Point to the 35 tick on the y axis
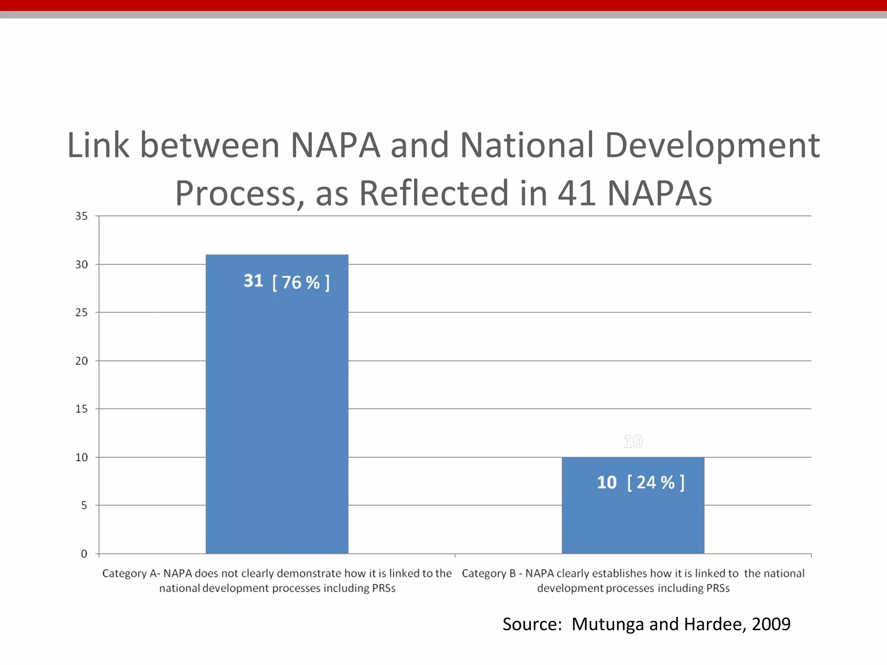[81, 216]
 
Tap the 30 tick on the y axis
[81, 264]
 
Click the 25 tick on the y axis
[81, 312]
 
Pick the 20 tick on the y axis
[81, 361]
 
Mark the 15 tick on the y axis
[81, 409]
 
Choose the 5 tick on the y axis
[84, 505]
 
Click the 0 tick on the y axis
[84, 554]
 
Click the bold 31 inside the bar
[253, 281]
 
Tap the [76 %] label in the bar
[301, 283]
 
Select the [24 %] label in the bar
[656, 482]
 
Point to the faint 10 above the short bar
[633, 442]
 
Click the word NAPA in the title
[335, 145]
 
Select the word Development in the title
[712, 145]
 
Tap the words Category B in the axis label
[489, 574]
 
